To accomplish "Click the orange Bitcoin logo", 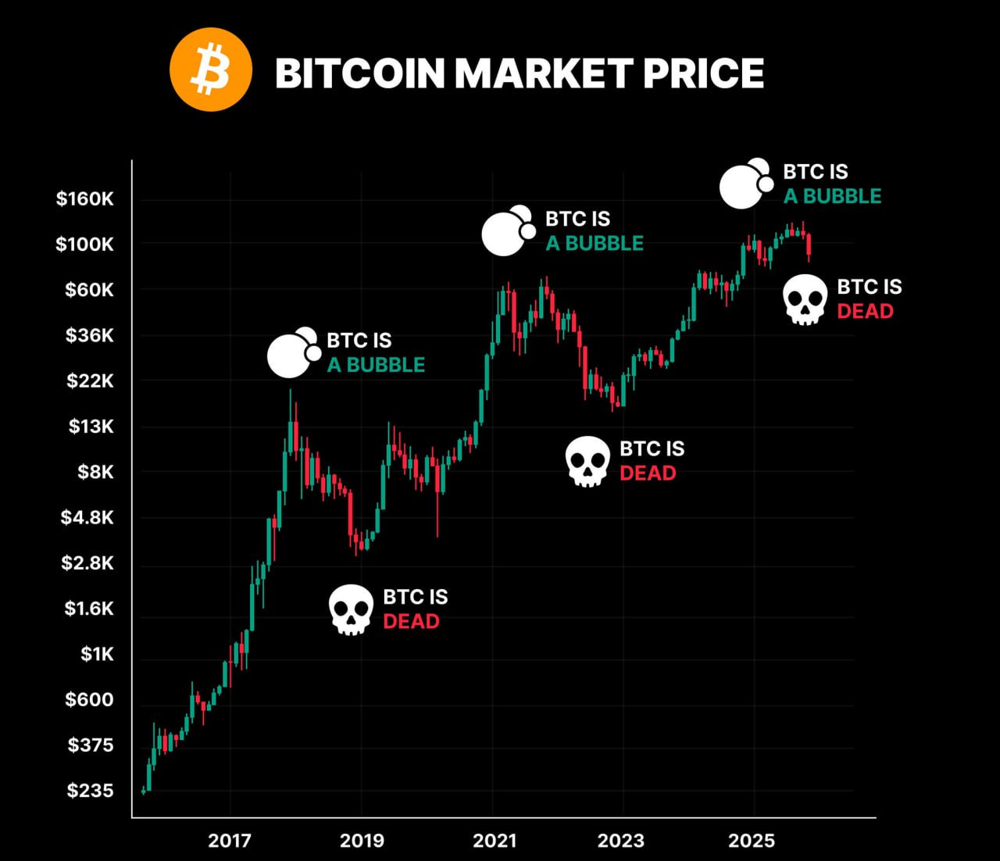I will [210, 70].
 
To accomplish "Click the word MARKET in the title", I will [543, 73].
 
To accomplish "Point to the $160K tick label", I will [84, 198].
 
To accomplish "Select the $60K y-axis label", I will [89, 290].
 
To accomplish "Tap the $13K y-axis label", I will [91, 427].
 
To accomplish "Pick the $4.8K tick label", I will [87, 517].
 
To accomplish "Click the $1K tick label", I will [97, 654].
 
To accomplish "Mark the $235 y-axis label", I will [90, 791].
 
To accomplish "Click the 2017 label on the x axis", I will [230, 841].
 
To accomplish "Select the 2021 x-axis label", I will [494, 841].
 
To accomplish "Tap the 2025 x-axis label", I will [752, 841].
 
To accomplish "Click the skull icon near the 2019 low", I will [351, 609].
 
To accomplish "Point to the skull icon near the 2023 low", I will [587, 461].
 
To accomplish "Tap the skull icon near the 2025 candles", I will [805, 299].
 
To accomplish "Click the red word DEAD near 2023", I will [648, 473].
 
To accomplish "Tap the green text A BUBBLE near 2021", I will [595, 244].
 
